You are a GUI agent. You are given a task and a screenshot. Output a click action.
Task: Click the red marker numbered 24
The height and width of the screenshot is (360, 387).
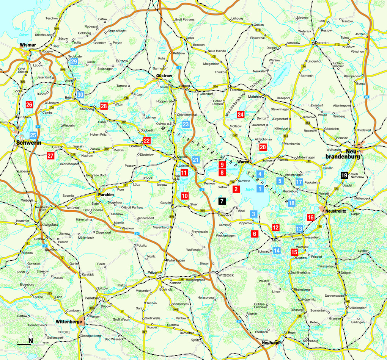coord(241,114)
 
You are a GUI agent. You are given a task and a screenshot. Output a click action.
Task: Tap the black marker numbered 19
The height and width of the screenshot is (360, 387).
coord(344,175)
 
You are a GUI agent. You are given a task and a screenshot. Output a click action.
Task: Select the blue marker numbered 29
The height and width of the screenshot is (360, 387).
coord(74,61)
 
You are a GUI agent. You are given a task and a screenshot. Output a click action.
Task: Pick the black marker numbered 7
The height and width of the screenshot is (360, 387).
coord(222,202)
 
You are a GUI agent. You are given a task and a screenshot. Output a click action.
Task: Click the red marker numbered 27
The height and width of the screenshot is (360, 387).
coord(50,155)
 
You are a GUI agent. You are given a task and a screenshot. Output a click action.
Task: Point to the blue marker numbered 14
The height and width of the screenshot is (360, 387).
coord(277,250)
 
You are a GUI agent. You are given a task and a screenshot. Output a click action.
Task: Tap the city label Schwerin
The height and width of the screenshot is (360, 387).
coord(27,143)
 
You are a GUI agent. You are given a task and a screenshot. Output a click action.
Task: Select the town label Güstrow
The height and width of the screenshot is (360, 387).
coord(164,76)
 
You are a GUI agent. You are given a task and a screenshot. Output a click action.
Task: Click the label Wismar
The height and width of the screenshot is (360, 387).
coord(28,45)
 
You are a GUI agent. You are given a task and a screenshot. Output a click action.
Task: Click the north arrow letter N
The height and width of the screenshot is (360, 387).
coord(31,340)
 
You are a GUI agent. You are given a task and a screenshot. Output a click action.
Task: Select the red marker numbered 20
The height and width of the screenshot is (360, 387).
coord(263,147)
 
